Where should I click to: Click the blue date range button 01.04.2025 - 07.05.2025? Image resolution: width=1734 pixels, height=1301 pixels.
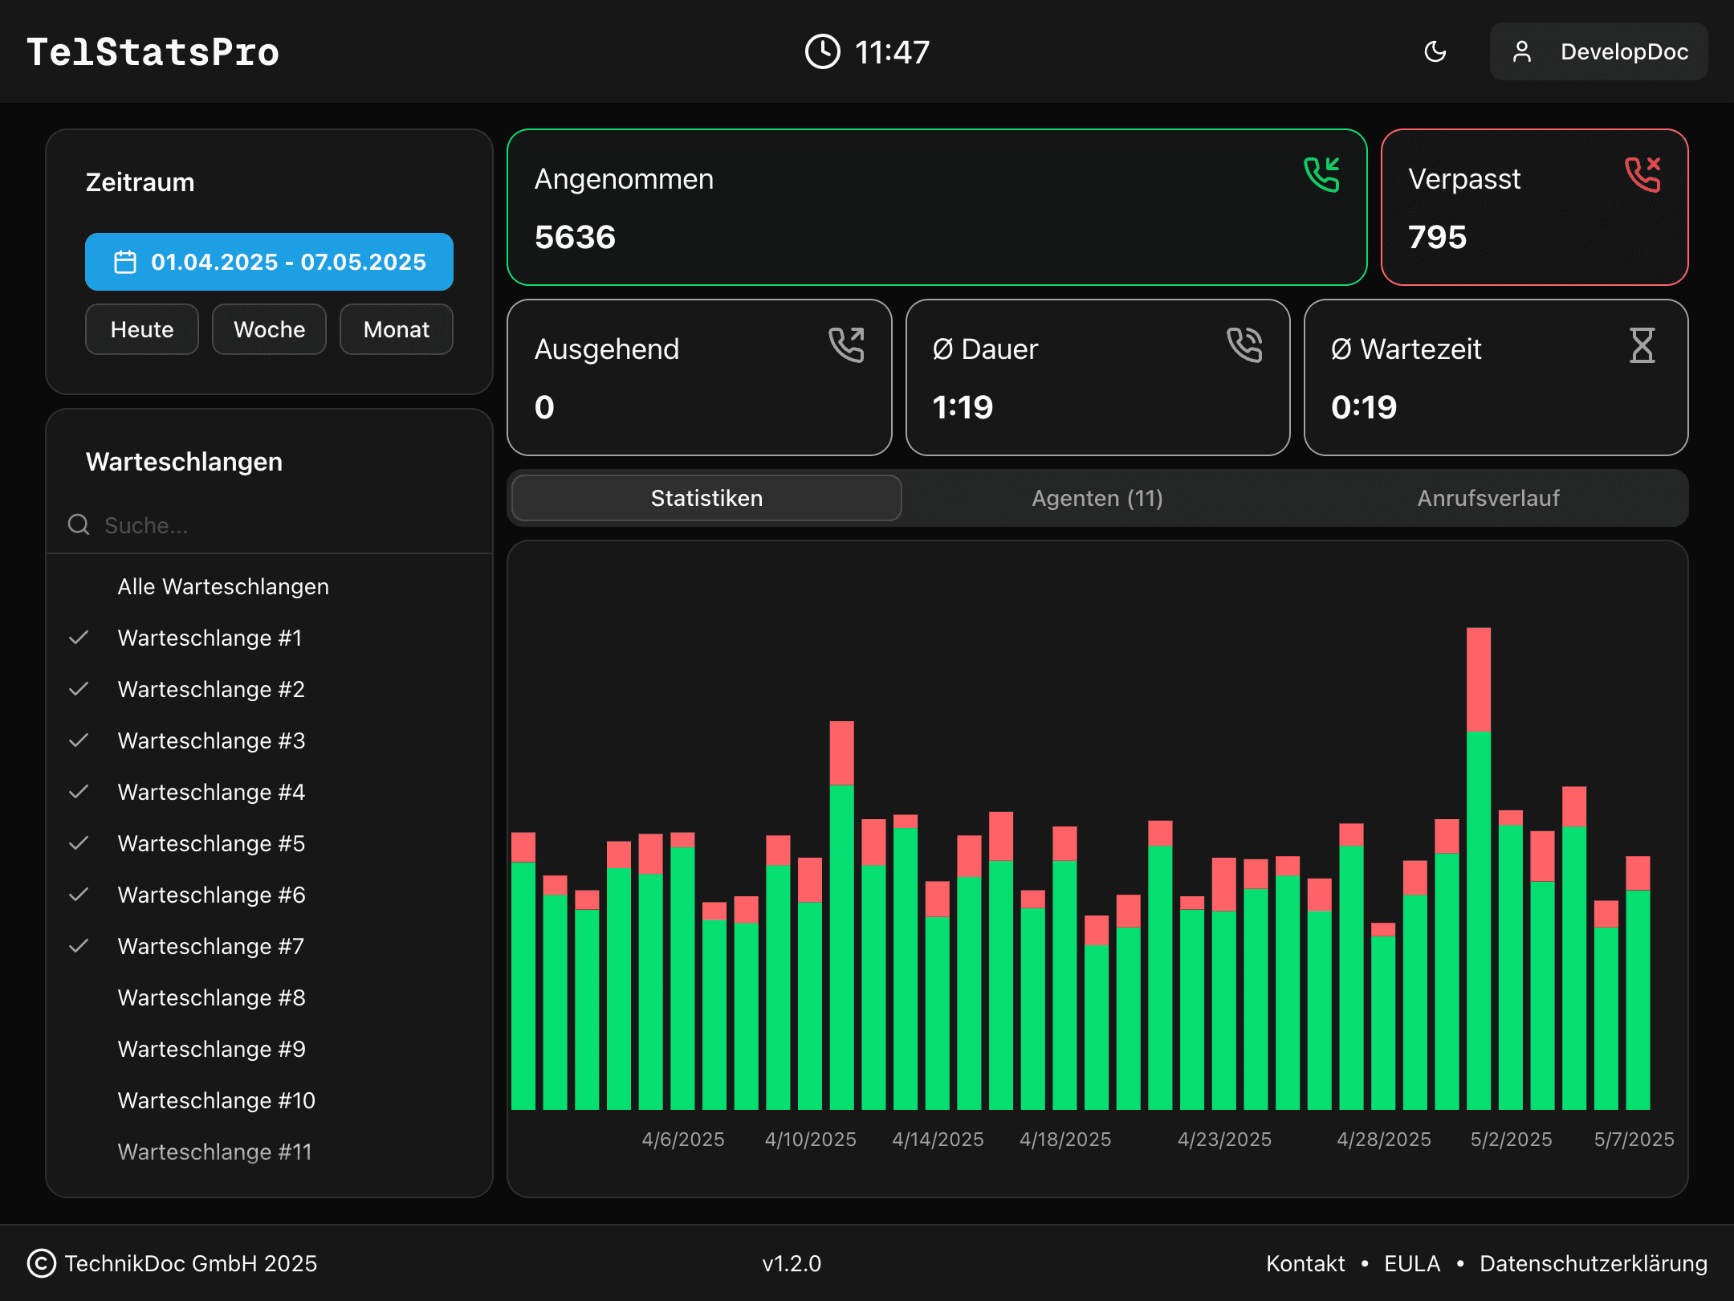click(269, 262)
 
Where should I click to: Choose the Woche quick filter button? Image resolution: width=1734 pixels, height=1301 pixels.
click(269, 329)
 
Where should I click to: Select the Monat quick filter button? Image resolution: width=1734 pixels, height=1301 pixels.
click(396, 329)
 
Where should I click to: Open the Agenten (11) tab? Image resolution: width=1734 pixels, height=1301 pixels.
click(1097, 498)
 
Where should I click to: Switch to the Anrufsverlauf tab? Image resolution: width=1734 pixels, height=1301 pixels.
click(1488, 498)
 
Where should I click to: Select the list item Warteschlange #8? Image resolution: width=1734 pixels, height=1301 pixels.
click(211, 997)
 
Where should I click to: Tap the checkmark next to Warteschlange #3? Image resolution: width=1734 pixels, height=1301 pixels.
click(79, 740)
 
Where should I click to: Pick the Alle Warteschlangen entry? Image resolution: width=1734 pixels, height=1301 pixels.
click(223, 586)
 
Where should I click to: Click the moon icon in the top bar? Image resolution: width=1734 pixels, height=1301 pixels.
click(1435, 52)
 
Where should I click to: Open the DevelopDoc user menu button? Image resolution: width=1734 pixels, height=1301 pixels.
click(1598, 52)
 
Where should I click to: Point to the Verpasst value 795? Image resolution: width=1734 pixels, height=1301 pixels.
click(1437, 238)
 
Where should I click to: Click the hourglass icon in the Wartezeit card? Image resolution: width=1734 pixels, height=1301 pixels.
click(1642, 345)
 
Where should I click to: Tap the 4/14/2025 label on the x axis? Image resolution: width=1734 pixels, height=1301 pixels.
click(938, 1140)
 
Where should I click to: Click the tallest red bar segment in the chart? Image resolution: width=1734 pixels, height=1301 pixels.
click(1478, 679)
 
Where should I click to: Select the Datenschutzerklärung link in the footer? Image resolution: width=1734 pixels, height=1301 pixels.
click(1593, 1263)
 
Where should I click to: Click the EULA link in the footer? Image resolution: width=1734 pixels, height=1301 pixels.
click(1411, 1263)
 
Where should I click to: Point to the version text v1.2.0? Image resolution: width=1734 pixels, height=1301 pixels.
click(792, 1263)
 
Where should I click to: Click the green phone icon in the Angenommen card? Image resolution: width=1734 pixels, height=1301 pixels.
click(1321, 175)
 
